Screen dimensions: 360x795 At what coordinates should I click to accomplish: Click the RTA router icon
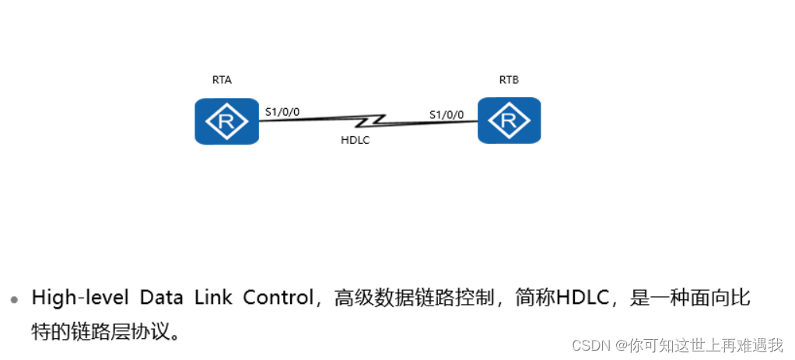pos(226,121)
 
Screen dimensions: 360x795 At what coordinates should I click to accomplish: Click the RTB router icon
pos(509,121)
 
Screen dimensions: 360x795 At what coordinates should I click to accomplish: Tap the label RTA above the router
pos(222,80)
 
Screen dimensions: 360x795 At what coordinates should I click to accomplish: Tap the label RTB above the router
pos(509,80)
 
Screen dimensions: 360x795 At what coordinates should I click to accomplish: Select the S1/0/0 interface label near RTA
pos(282,112)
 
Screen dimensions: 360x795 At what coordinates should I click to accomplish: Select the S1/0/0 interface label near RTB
pos(447,114)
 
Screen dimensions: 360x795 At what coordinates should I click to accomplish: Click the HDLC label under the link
pos(355,141)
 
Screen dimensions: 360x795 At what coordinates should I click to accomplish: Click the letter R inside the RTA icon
pos(226,121)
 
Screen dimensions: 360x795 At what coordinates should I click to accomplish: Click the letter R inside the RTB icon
pos(509,121)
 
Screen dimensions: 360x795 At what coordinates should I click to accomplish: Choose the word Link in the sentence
pos(214,298)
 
